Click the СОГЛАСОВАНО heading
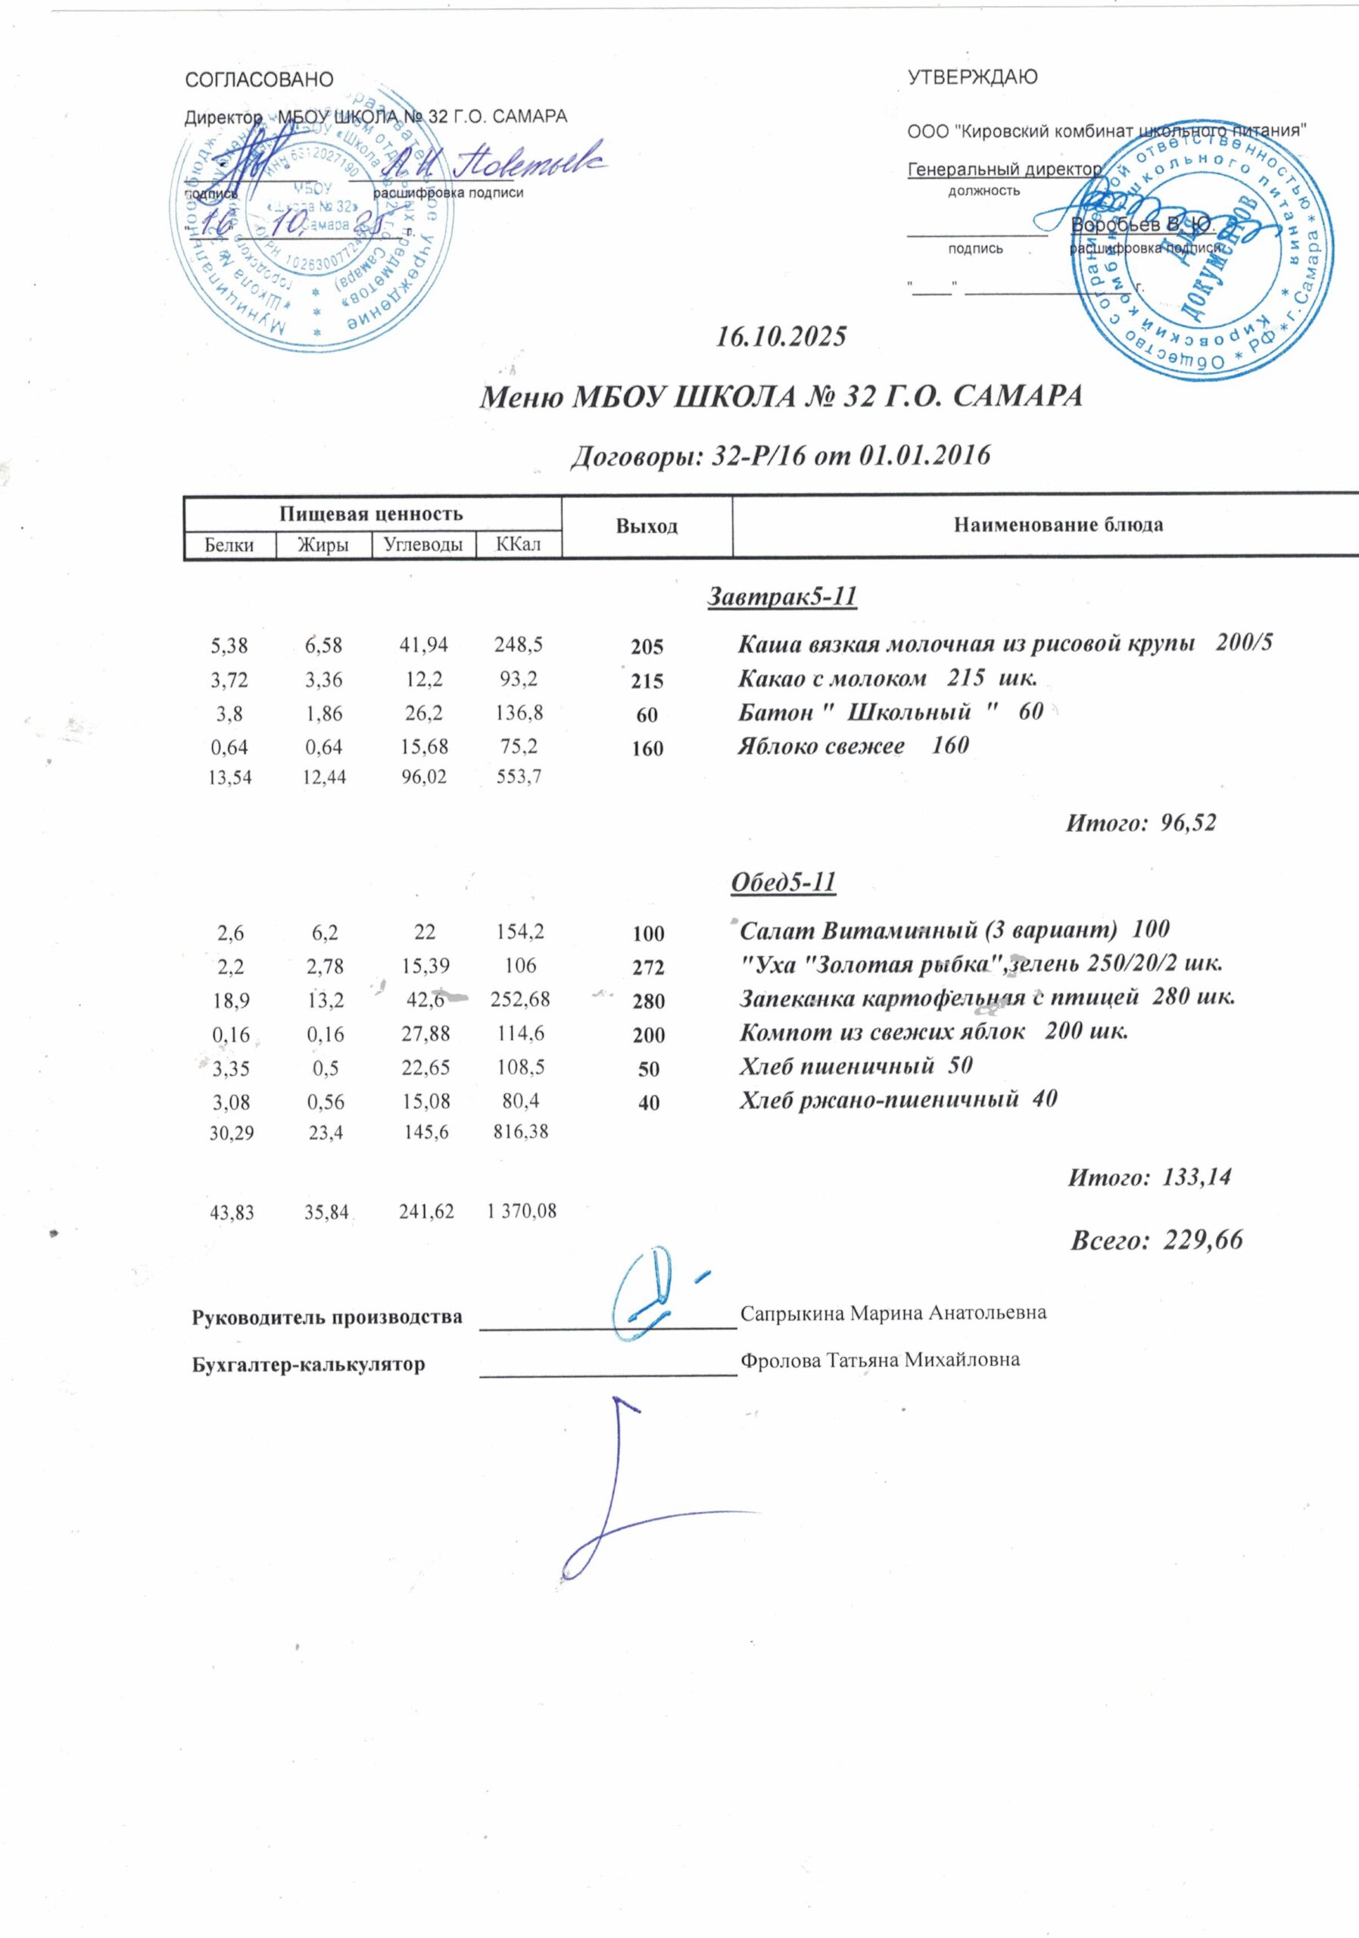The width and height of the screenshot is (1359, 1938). pos(259,80)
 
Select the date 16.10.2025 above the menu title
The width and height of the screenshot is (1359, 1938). pos(780,338)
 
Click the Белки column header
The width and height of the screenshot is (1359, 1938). pos(230,545)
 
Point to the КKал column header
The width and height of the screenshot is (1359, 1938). pos(519,545)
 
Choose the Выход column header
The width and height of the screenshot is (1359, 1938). pos(647,527)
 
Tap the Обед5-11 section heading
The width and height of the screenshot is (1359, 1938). pos(781,882)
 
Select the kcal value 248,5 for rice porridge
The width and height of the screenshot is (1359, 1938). pos(519,646)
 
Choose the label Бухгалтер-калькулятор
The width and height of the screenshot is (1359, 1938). pos(309,1364)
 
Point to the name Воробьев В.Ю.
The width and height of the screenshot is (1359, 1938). pos(1142,225)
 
